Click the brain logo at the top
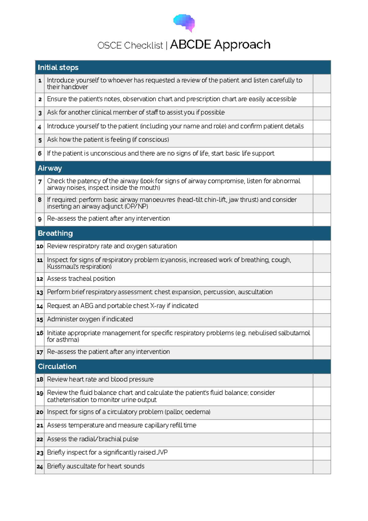pos(184,23)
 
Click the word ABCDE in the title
pos(190,45)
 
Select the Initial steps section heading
pos(58,68)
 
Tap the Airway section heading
pos(50,168)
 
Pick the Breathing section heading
pos(55,233)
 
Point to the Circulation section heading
pos(57,366)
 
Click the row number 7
pos(40,182)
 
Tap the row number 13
pos(40,292)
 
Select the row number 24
pos(40,467)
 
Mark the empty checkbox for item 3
pos(322,113)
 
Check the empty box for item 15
pos(322,320)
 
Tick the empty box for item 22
pos(322,440)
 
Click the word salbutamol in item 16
pos(294,333)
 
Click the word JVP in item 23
pos(162,452)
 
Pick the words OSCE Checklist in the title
pos(130,45)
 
